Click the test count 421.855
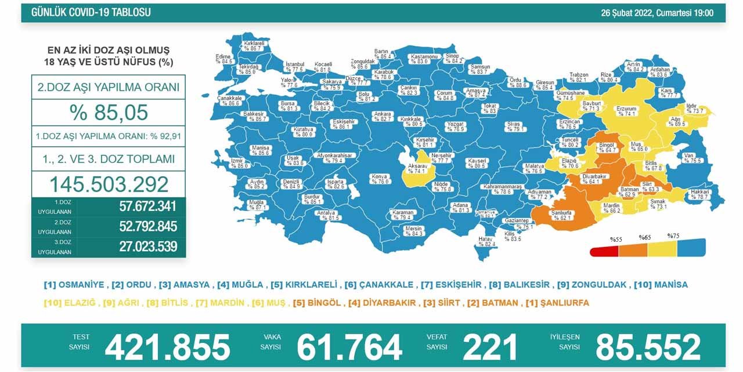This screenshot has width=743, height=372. click(168, 347)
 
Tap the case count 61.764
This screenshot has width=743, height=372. click(349, 347)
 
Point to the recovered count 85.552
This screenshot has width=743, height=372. click(648, 347)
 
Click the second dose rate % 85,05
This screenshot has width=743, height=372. click(109, 112)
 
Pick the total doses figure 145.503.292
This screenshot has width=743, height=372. click(109, 184)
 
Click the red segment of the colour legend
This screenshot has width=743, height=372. click(604, 251)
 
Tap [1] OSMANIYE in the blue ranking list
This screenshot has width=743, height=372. click(74, 285)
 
